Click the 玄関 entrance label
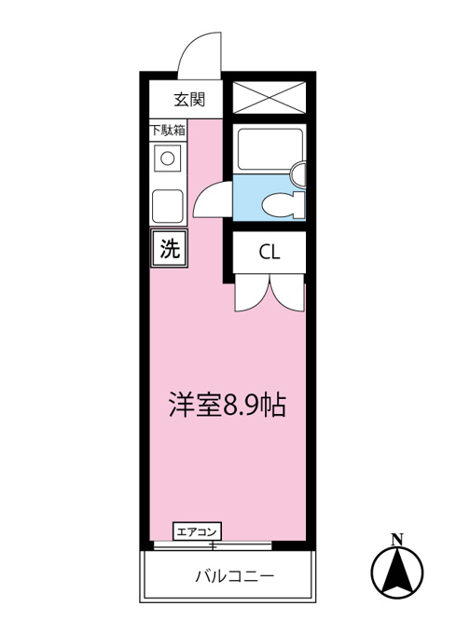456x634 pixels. (x=189, y=100)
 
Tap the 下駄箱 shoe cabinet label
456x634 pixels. (x=168, y=131)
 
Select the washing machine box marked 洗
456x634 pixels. (x=169, y=248)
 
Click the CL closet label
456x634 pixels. (x=269, y=253)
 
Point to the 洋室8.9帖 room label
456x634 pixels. (x=228, y=405)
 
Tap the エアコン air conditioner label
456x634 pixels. (x=198, y=531)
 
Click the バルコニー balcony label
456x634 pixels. (x=234, y=576)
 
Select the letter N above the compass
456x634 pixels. (x=397, y=540)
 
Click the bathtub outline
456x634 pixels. (x=270, y=149)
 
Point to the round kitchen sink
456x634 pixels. (x=168, y=158)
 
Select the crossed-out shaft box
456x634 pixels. (x=269, y=98)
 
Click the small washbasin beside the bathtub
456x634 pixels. (x=298, y=174)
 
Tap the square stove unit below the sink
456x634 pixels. (x=168, y=206)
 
